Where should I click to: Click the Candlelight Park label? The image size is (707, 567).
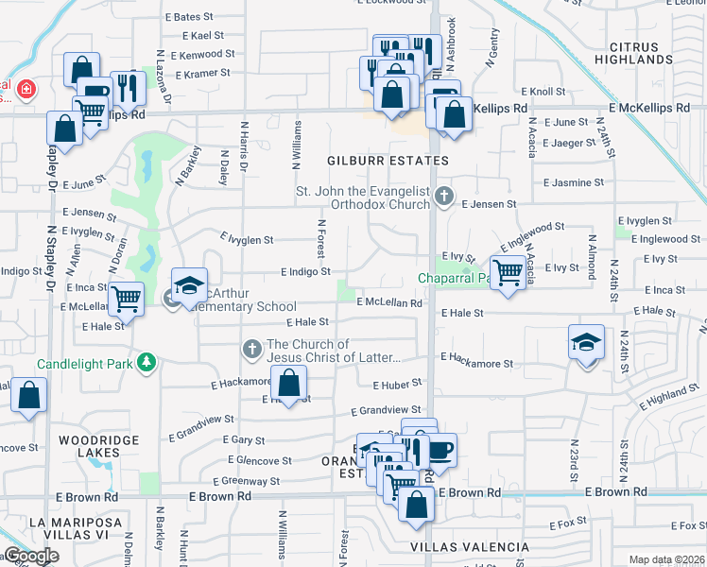click(x=84, y=362)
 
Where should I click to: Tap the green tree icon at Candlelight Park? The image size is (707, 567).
click(x=147, y=361)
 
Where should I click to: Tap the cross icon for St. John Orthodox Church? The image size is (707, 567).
click(x=445, y=198)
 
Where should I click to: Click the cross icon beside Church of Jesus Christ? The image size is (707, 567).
click(x=252, y=350)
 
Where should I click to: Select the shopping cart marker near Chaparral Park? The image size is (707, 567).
click(x=509, y=272)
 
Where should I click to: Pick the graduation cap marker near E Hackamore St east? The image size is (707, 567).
click(x=586, y=340)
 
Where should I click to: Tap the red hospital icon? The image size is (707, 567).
click(x=26, y=90)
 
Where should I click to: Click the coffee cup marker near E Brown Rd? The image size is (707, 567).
click(x=440, y=449)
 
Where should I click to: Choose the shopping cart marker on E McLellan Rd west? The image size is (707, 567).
click(x=126, y=299)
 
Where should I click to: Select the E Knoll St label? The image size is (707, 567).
click(x=548, y=92)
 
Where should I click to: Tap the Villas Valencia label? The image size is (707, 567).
click(x=470, y=547)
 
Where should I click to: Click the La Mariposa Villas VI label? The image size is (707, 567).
click(x=61, y=530)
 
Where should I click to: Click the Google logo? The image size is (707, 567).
click(x=31, y=556)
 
